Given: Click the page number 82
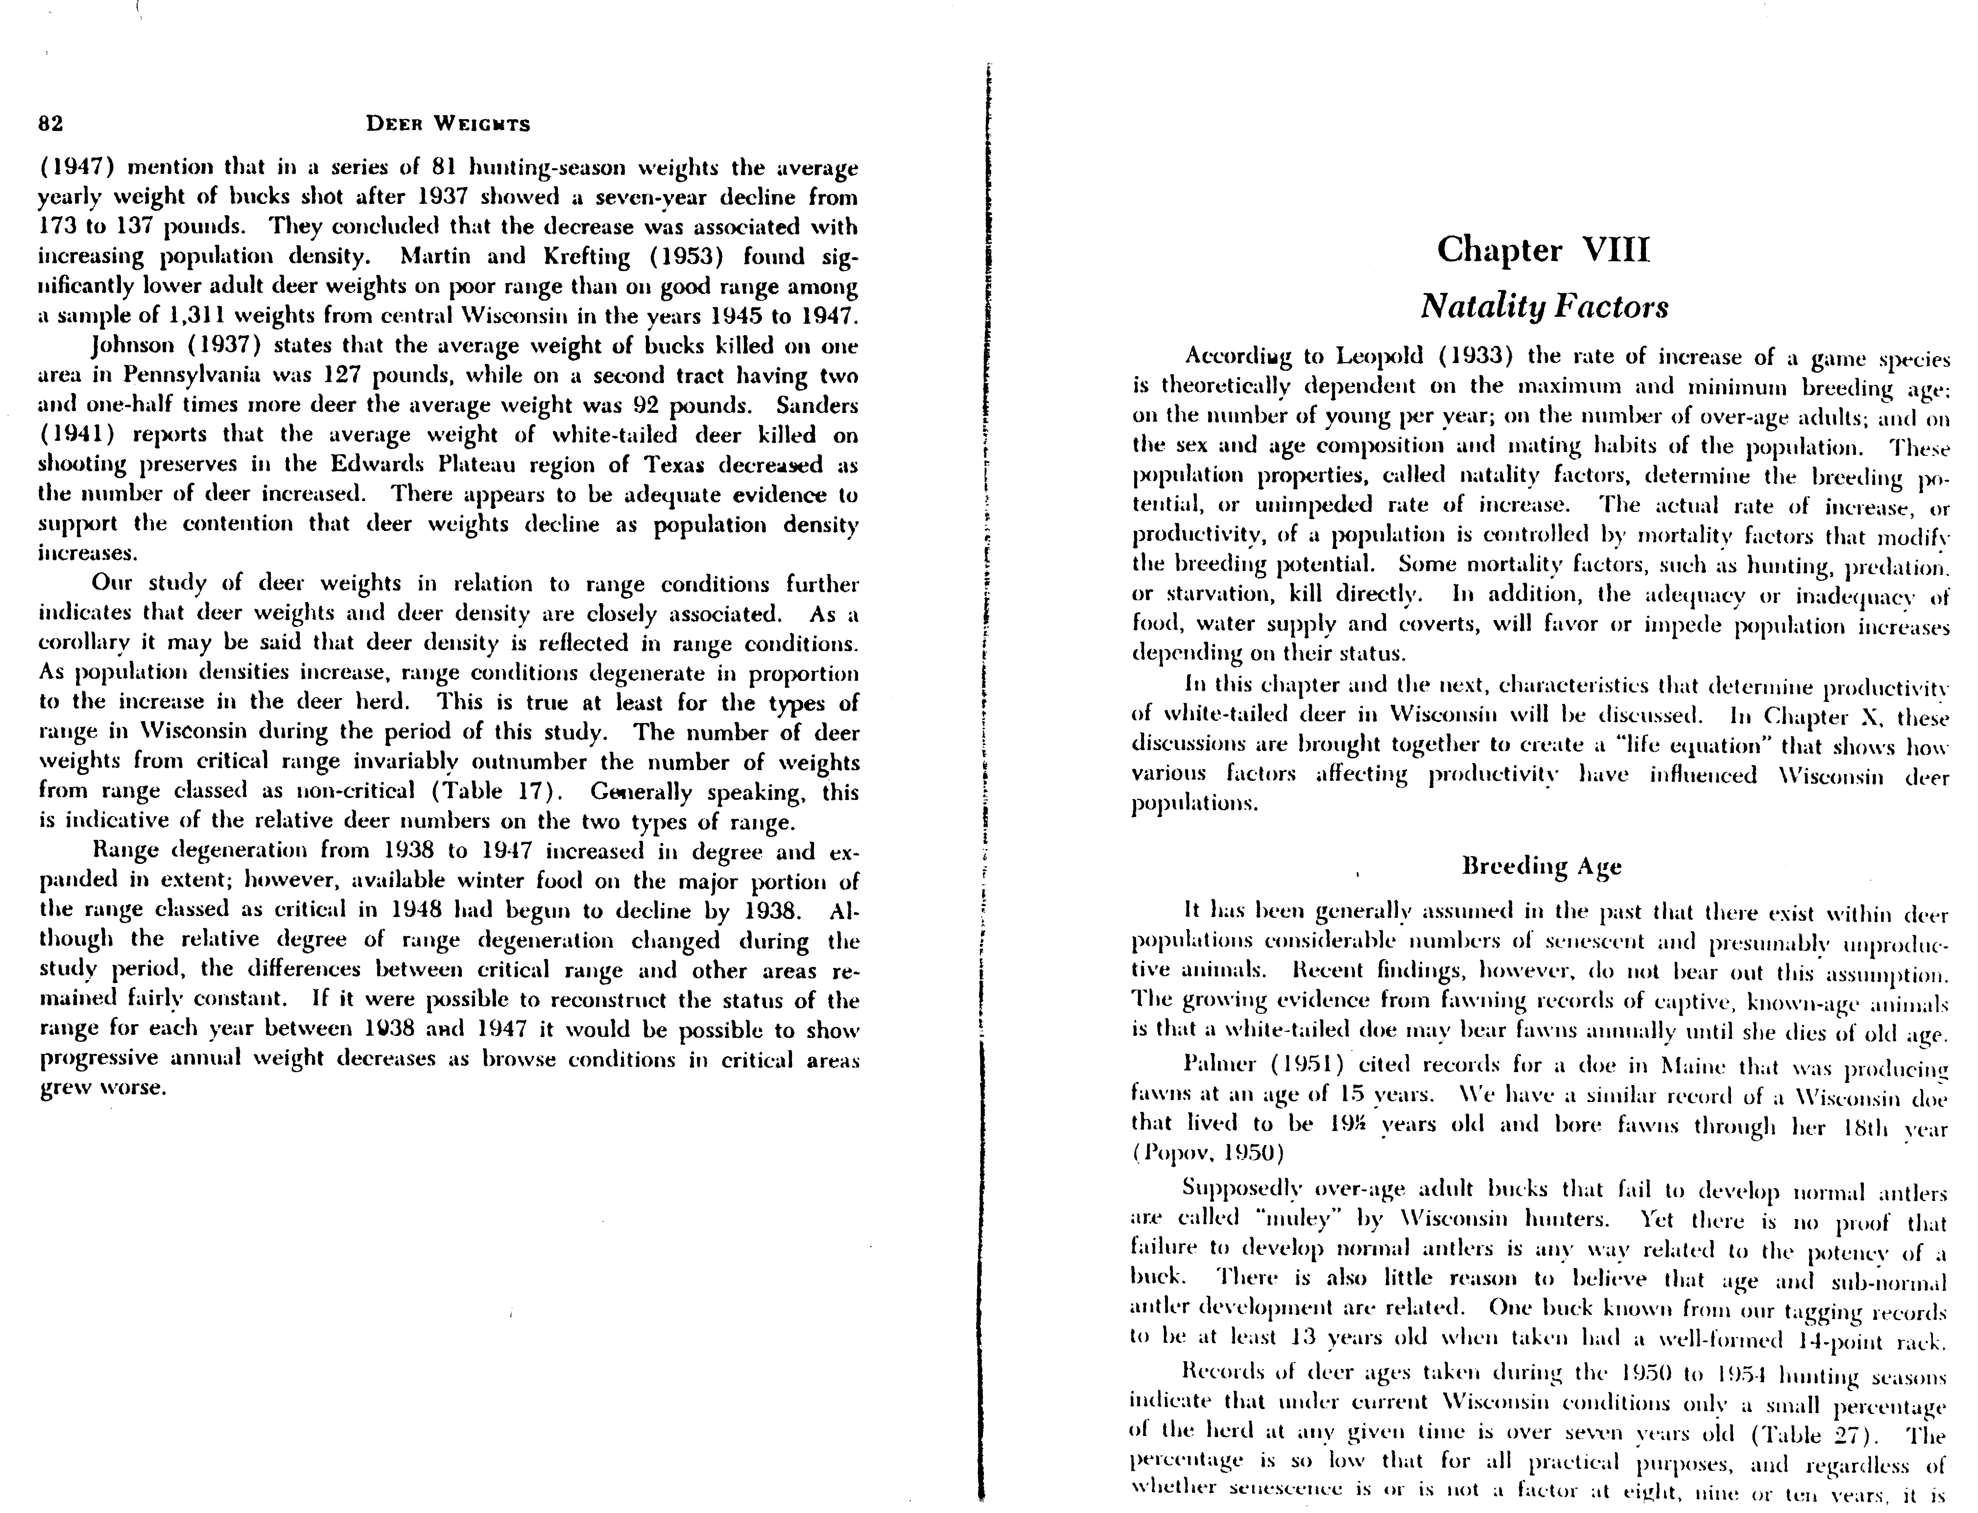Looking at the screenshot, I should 50,124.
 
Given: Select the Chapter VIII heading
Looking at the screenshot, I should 1543,249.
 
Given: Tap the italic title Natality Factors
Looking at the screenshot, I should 1544,306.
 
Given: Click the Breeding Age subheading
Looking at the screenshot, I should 1541,866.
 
